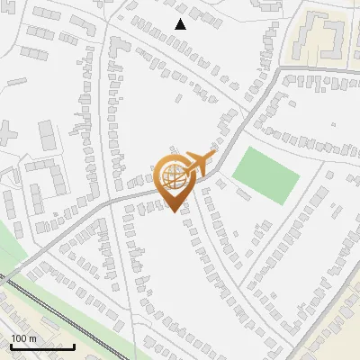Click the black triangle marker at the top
180,24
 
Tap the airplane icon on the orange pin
197,165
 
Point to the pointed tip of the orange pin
173,211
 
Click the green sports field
265,175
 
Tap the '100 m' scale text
23,338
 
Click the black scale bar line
42,346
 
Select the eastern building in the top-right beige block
335,36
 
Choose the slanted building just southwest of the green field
243,193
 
